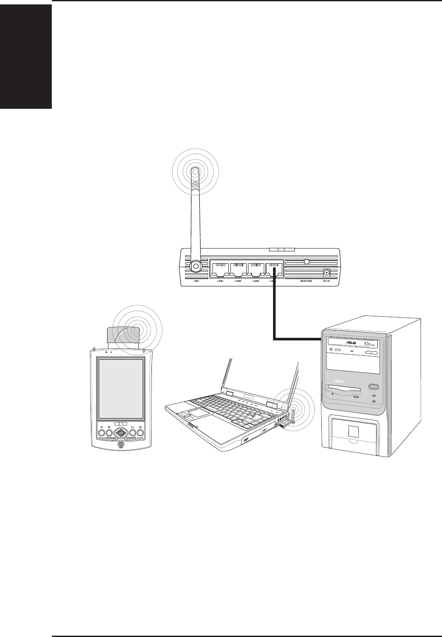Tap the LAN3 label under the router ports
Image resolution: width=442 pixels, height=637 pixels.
point(256,281)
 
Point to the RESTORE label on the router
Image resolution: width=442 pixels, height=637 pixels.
point(306,281)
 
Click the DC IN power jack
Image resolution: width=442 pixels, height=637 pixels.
point(326,272)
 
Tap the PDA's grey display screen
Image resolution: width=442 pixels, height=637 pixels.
point(121,388)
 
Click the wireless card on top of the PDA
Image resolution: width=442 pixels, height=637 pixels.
point(124,335)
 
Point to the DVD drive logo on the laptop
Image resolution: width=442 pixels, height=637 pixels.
point(246,439)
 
